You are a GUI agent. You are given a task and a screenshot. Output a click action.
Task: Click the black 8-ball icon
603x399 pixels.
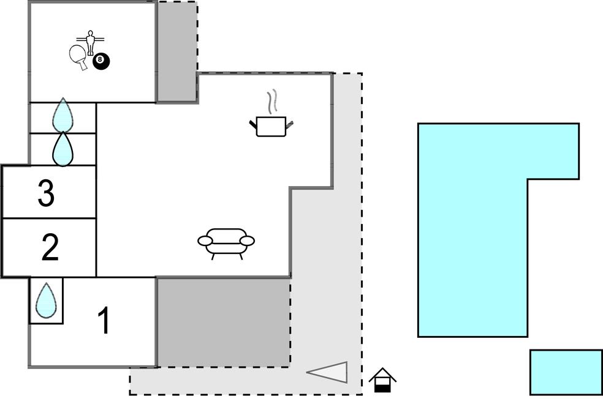click(x=101, y=61)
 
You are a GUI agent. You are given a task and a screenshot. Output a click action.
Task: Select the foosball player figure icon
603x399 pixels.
click(x=90, y=43)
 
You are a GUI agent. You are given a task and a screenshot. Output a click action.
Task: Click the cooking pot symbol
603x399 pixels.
click(x=271, y=126)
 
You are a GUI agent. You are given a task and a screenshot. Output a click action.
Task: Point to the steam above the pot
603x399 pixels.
click(x=272, y=102)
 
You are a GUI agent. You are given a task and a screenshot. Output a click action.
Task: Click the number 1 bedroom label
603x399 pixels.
click(x=104, y=320)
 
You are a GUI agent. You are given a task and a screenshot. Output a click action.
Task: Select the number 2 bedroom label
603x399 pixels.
click(x=50, y=247)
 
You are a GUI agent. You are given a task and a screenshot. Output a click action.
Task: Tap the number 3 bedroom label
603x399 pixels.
click(x=46, y=193)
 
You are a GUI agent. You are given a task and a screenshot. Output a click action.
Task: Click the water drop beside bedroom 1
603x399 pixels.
click(x=46, y=300)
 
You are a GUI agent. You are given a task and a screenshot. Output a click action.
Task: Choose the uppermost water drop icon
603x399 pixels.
click(x=63, y=115)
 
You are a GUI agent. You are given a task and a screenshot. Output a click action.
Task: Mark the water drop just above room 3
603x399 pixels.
click(x=63, y=149)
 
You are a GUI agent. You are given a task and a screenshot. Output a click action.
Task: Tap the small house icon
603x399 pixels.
click(x=382, y=380)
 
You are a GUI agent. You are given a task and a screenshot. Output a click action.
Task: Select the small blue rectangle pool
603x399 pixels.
click(x=566, y=372)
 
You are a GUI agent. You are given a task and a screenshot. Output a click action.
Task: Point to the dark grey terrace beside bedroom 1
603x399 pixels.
click(x=224, y=322)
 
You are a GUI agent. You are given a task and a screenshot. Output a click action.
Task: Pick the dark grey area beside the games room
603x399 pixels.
click(x=177, y=51)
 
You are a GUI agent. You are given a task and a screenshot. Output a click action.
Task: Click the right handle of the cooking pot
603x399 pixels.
click(x=290, y=124)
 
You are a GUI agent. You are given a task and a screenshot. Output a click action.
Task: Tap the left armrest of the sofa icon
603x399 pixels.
click(x=205, y=241)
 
